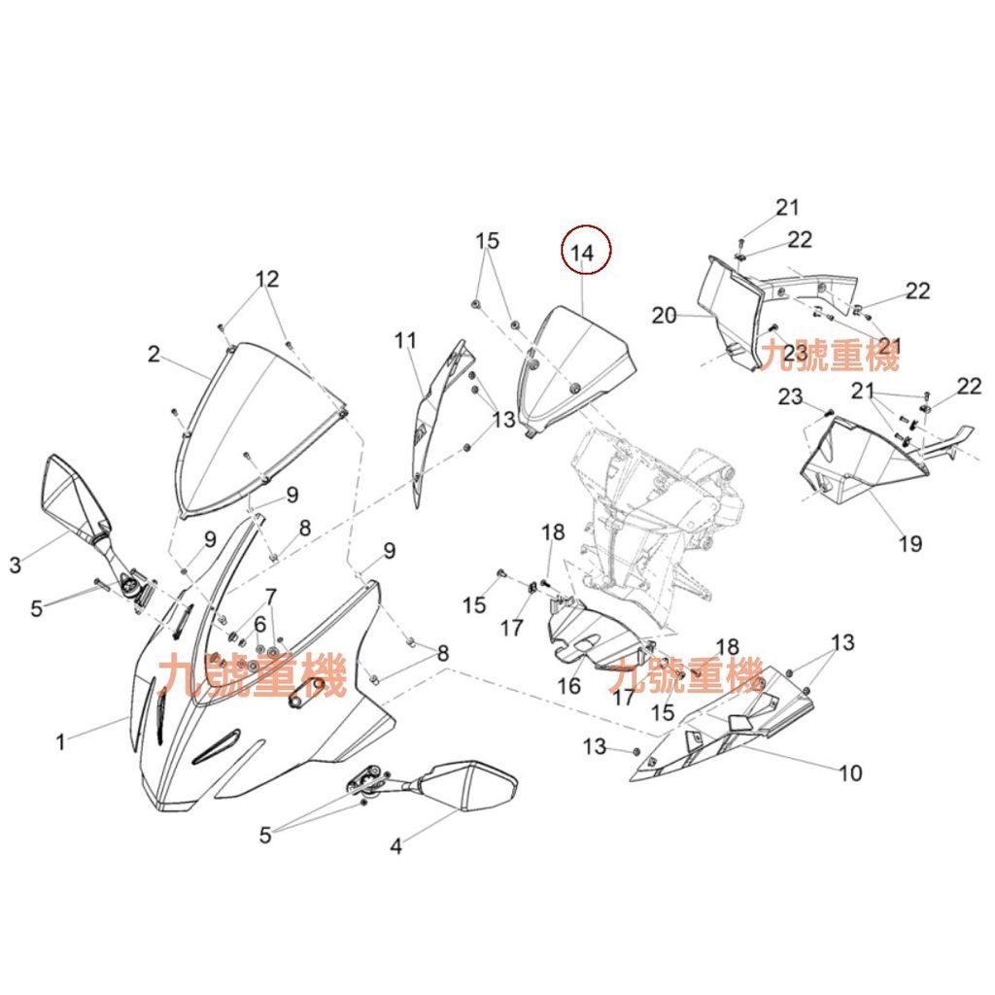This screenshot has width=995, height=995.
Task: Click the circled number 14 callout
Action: tap(586, 250)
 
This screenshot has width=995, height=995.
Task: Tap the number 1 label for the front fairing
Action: tap(60, 741)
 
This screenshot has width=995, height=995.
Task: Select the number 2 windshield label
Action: tap(154, 354)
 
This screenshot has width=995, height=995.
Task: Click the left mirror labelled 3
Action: tap(75, 504)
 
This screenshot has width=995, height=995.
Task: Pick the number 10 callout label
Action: tap(850, 772)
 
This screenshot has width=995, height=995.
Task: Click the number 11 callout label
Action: tap(405, 341)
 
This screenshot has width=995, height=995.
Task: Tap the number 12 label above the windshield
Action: tap(267, 279)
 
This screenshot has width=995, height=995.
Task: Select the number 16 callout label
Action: tap(568, 685)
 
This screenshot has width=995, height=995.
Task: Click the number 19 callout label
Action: tap(909, 543)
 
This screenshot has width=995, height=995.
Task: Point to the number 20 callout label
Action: tap(665, 316)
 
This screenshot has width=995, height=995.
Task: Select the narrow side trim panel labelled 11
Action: tap(438, 419)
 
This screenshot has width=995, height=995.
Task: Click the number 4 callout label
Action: tap(396, 846)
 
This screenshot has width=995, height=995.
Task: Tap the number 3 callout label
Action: tap(16, 565)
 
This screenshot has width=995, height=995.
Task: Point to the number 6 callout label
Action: tap(259, 624)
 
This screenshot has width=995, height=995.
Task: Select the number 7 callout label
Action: tap(271, 597)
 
